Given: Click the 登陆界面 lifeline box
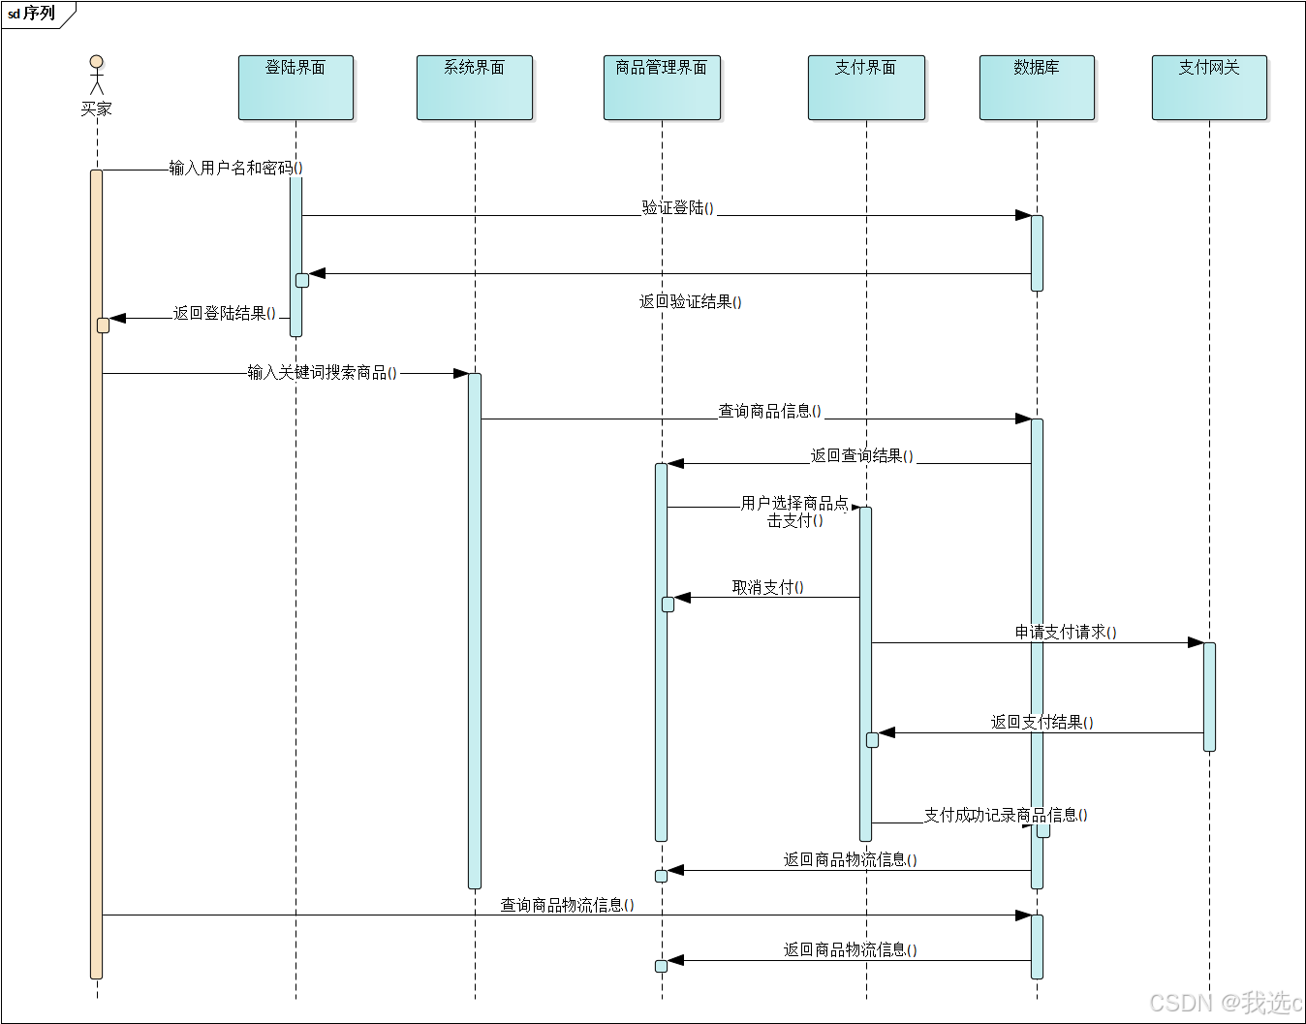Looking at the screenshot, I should tap(295, 87).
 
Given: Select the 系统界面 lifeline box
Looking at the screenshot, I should tap(474, 87).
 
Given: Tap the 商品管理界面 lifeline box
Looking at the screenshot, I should tap(662, 87).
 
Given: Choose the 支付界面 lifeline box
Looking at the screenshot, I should tap(866, 87).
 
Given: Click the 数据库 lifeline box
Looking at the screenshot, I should tap(1037, 87).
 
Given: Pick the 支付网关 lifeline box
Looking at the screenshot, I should tap(1209, 87).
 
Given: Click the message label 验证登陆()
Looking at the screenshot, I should tap(677, 207).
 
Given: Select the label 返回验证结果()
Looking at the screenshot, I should tap(690, 301).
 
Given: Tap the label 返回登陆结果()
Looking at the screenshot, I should tap(224, 313).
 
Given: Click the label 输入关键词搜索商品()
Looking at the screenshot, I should tap(322, 372).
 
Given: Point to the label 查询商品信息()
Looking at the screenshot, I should tap(769, 411).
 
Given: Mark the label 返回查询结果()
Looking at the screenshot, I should tap(861, 455).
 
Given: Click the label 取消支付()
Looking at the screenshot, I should tap(767, 587).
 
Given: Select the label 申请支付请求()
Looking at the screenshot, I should tap(1065, 632).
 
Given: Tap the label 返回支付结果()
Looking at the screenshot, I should tap(1042, 722).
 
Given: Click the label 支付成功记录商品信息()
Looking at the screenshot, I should tap(1005, 815).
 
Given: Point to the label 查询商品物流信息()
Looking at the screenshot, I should tap(567, 905).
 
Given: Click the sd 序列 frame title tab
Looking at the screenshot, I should tap(32, 14).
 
